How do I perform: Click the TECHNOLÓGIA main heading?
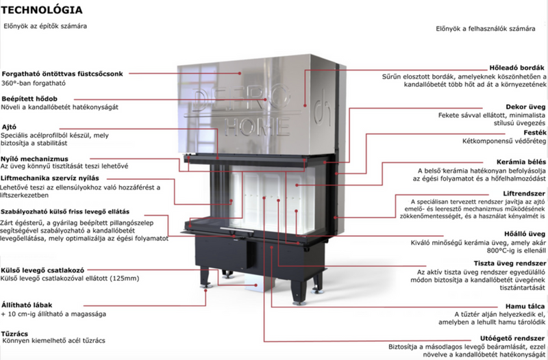pos(42,10)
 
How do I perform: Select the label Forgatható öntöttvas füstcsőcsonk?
pos(62,74)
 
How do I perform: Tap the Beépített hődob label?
pos(29,99)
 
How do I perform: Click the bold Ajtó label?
pos(9,127)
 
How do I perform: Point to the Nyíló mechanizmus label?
pos(34,159)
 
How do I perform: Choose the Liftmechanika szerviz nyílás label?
pos(49,178)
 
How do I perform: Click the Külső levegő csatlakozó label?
pos(42,270)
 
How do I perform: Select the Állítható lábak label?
pos(27,305)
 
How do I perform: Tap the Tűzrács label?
pos(14,333)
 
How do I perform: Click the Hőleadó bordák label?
pos(517,68)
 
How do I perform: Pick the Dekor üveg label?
pos(525,107)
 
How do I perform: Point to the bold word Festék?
pos(535,133)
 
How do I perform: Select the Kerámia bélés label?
pos(521,162)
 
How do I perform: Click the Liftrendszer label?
pos(524,194)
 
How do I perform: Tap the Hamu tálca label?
pos(525,306)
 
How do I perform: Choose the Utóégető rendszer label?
pos(512,338)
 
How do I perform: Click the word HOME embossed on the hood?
pos(258,126)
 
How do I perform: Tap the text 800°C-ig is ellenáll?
pos(516,250)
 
